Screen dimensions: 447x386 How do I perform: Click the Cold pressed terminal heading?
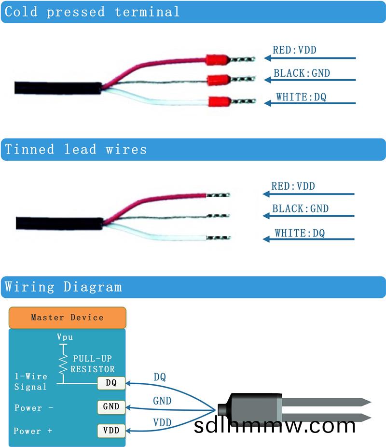click(x=92, y=12)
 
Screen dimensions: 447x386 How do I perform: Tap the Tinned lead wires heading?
click(x=76, y=149)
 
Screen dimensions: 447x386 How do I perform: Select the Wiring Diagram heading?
click(x=63, y=287)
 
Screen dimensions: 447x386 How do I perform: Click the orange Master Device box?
click(x=67, y=317)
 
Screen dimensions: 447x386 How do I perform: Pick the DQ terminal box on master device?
click(x=111, y=383)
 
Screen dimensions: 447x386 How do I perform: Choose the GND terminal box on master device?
click(x=111, y=406)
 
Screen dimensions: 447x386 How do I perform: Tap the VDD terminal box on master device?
click(x=111, y=430)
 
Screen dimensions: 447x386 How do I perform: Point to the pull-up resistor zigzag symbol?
click(x=62, y=364)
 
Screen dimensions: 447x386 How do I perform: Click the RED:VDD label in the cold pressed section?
click(x=294, y=50)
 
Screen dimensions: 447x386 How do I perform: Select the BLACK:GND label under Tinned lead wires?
click(x=300, y=209)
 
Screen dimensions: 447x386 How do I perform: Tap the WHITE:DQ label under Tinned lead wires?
click(x=300, y=233)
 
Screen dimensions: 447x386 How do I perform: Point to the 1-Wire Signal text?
click(x=31, y=381)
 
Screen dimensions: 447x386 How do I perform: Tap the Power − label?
click(x=34, y=408)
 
